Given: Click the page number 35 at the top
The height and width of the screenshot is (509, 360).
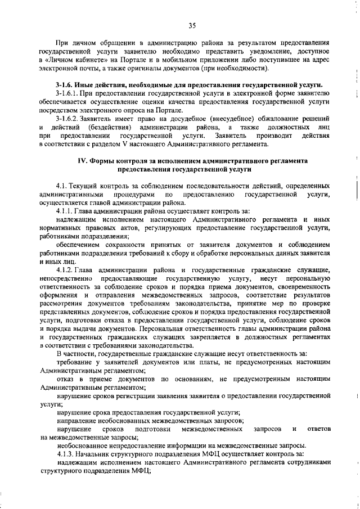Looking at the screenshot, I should pyautogui.click(x=191, y=25).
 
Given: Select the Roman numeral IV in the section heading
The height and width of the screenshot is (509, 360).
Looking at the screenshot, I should pyautogui.click(x=81, y=160).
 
